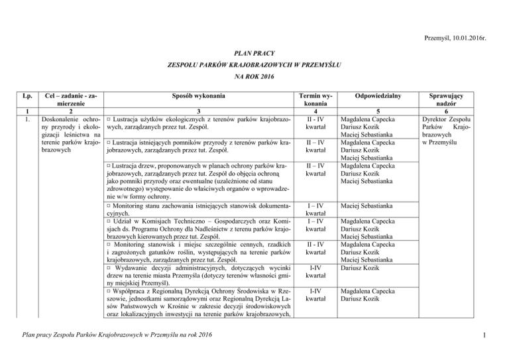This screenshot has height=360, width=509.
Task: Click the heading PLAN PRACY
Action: click(254, 51)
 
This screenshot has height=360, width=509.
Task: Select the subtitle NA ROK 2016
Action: click(254, 77)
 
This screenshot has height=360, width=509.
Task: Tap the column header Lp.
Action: click(25, 95)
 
